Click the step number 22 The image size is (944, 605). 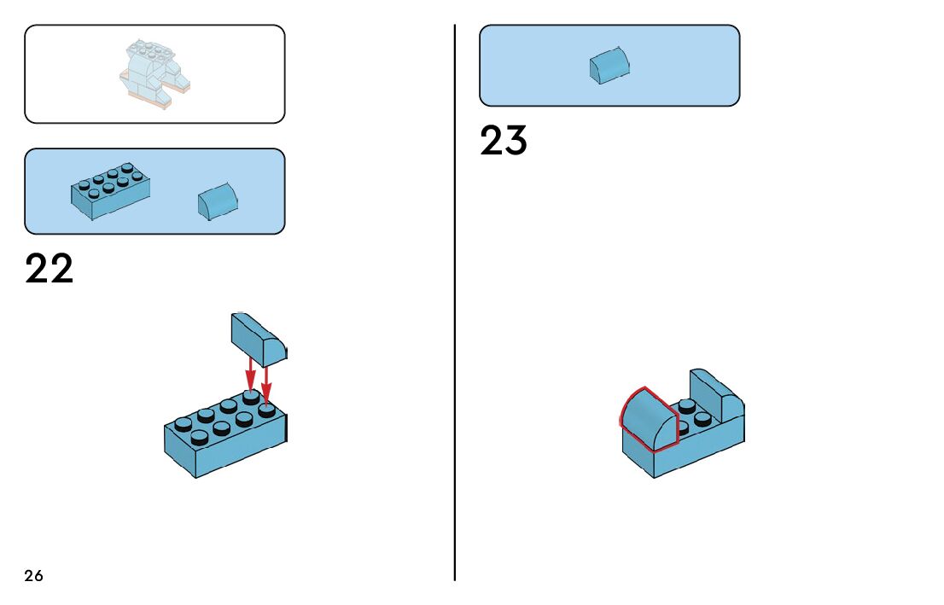(50, 268)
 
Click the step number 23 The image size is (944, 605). (504, 141)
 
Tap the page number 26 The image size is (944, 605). (33, 576)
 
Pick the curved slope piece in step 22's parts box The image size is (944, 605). (218, 201)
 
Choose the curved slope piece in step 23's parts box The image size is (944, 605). (610, 67)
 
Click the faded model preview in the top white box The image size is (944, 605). (154, 73)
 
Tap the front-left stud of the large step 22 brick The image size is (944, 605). (199, 437)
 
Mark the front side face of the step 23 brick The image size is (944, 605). (700, 451)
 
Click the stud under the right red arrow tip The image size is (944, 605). (267, 410)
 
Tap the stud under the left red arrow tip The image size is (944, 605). (250, 396)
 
